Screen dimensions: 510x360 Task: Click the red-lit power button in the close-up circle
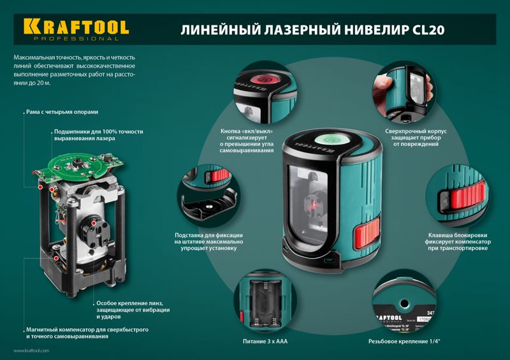click(x=263, y=79)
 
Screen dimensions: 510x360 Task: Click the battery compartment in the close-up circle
click(x=265, y=303)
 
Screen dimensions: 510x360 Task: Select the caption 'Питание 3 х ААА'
click(x=265, y=342)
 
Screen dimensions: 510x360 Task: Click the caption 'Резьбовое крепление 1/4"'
click(x=404, y=342)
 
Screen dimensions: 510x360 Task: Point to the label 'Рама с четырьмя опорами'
click(x=62, y=112)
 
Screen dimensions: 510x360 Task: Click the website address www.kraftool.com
click(x=31, y=350)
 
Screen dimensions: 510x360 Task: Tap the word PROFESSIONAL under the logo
click(x=76, y=39)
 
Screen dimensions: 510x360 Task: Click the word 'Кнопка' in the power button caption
click(x=230, y=131)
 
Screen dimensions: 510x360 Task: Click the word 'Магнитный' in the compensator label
click(x=41, y=329)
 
